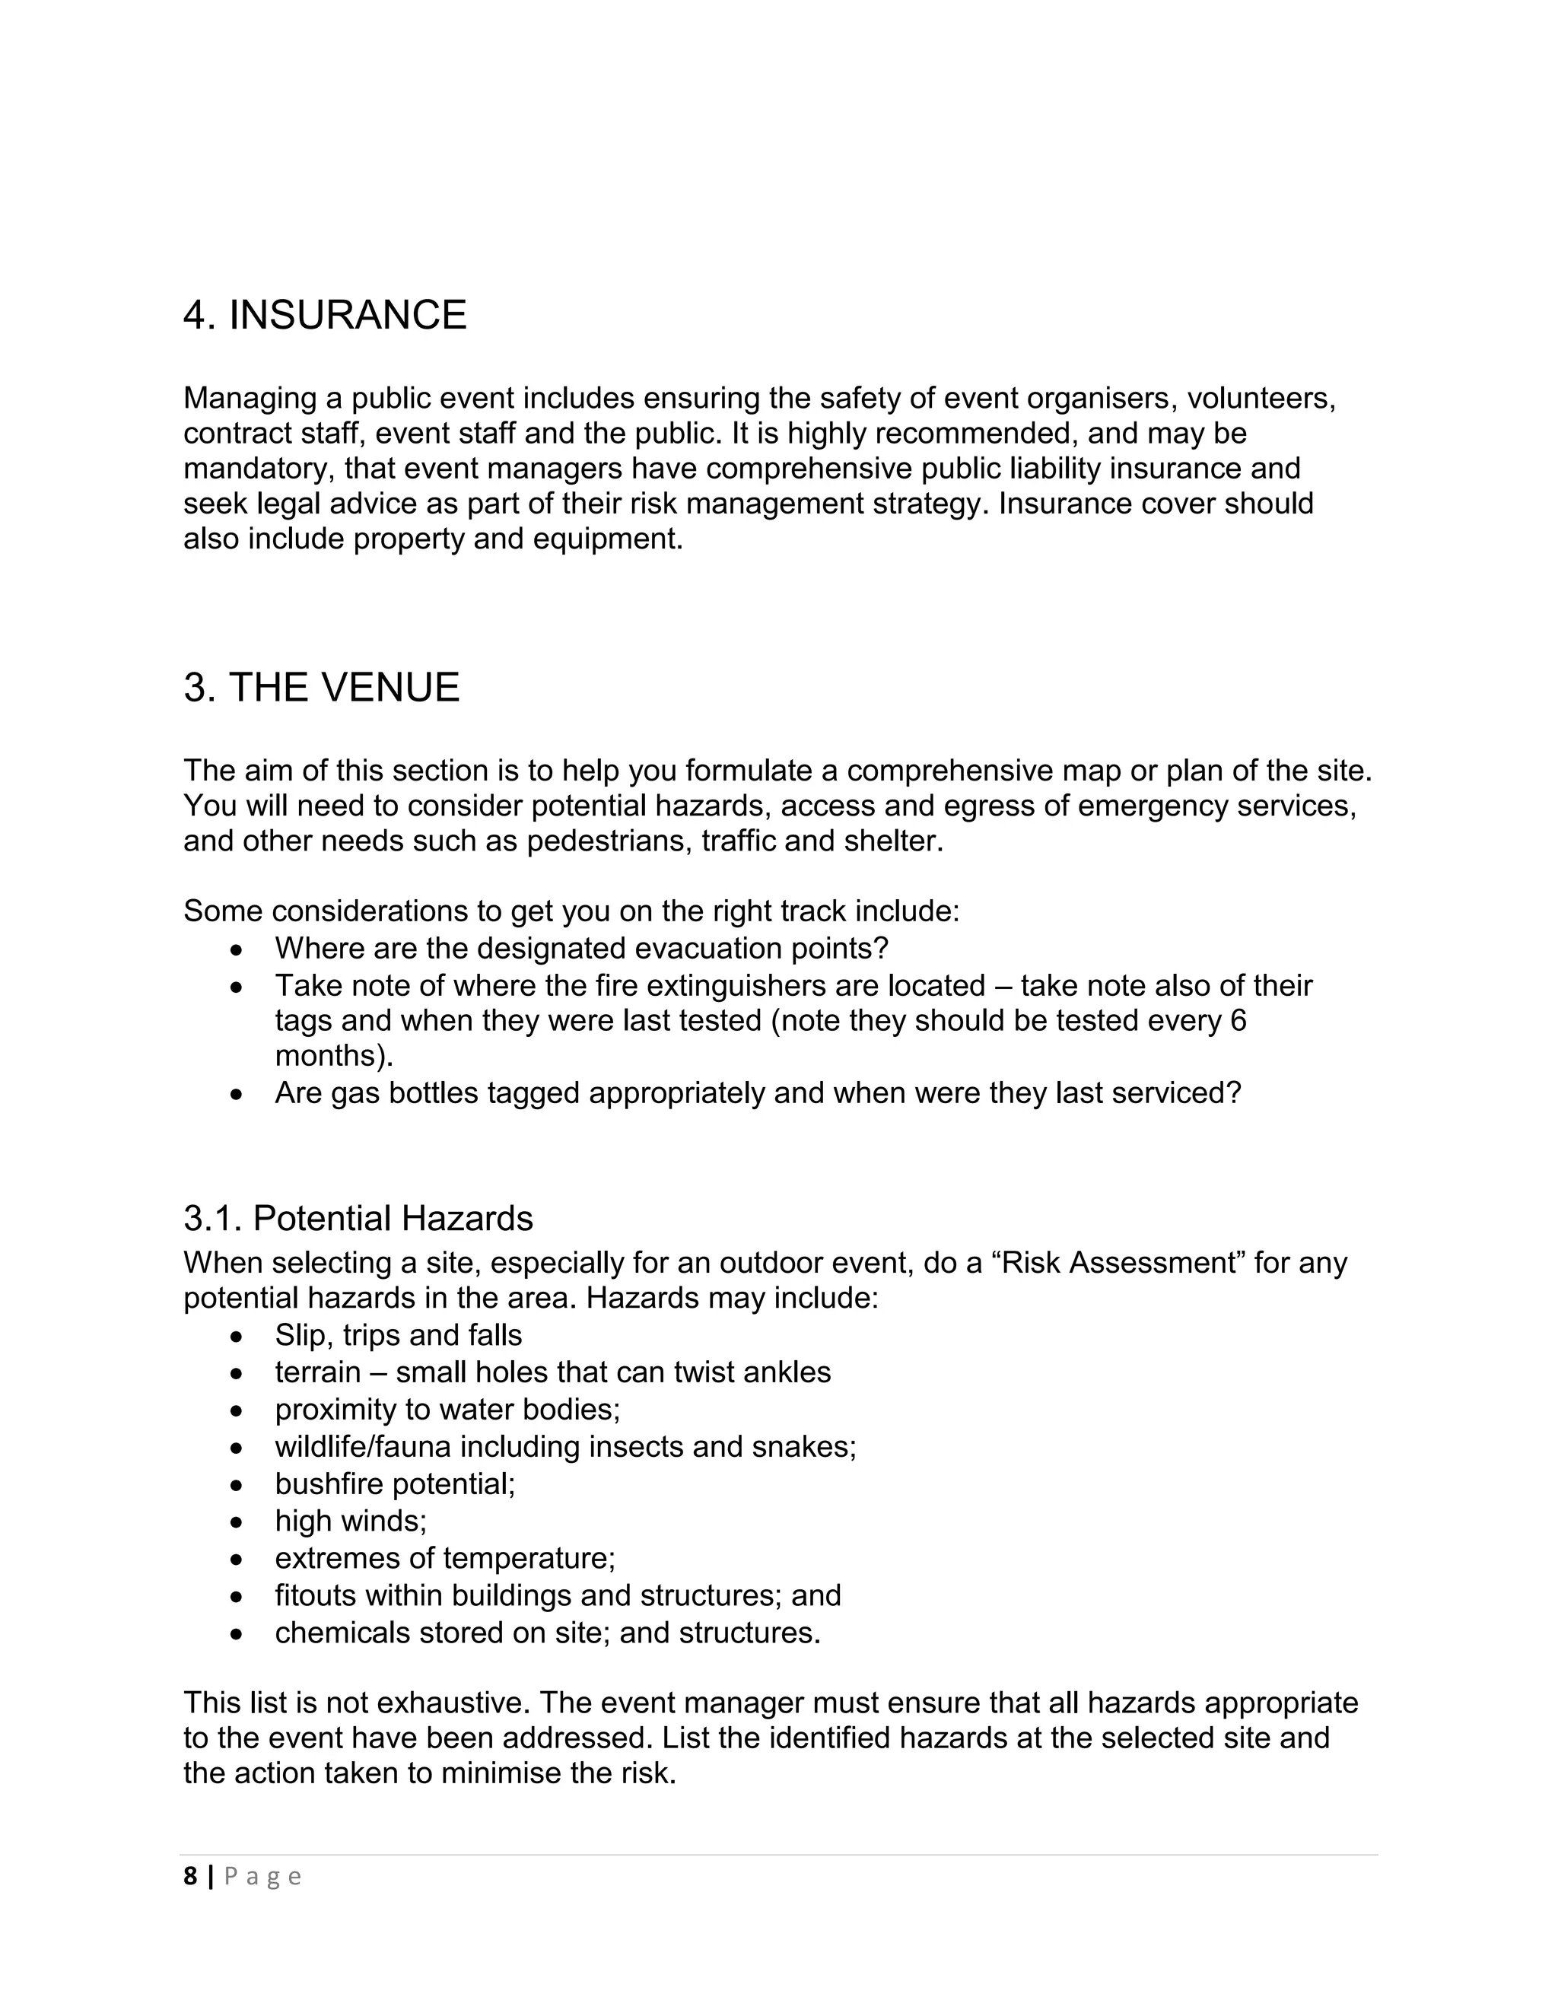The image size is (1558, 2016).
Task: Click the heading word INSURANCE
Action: tap(347, 316)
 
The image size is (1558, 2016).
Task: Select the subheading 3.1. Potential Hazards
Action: tap(358, 1219)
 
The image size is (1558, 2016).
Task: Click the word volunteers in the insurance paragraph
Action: tap(1261, 399)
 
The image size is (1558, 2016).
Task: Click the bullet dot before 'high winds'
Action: tap(238, 1522)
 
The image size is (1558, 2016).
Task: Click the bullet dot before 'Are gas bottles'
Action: tap(238, 1094)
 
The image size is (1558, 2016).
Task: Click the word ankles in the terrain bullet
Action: tap(787, 1372)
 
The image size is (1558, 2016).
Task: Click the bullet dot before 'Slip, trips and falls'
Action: tap(238, 1336)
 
